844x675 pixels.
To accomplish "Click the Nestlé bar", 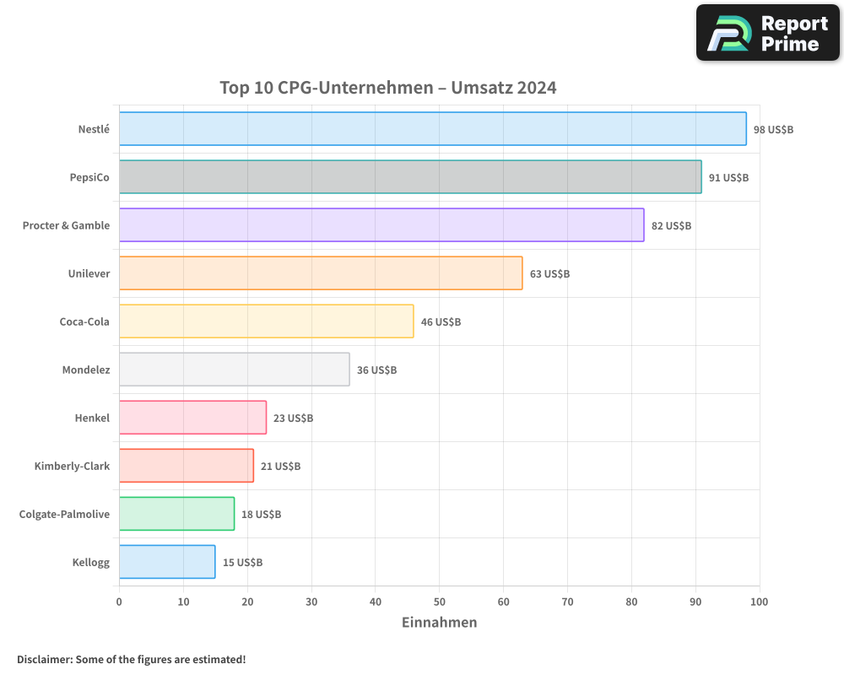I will click(x=432, y=129).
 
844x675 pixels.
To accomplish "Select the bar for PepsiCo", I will click(x=410, y=177).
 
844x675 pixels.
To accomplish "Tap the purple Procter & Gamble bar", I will click(x=381, y=225).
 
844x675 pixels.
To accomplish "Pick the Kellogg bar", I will click(x=167, y=562).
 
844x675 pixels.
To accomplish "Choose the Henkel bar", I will click(x=192, y=418).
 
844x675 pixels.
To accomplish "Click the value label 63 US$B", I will click(x=549, y=274).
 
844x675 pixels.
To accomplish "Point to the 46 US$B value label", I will click(x=441, y=322).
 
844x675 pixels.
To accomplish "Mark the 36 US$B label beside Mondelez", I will click(x=376, y=370).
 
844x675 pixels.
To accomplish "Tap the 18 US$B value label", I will click(x=261, y=515).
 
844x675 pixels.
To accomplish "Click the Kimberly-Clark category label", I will click(x=72, y=467).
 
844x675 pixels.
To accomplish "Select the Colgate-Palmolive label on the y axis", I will click(x=64, y=515).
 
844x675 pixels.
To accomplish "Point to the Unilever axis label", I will click(x=89, y=274).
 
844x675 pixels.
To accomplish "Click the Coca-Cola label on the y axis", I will click(x=84, y=322).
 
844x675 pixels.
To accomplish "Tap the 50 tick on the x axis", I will click(x=440, y=602).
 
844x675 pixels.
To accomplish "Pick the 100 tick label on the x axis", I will click(x=759, y=602).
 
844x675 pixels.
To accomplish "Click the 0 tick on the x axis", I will click(x=119, y=602).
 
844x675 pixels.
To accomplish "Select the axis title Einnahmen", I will click(x=439, y=623).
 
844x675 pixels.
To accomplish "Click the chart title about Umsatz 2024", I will click(x=387, y=88).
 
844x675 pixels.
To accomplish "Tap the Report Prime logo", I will click(x=767, y=33).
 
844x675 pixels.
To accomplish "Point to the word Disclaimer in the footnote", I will click(x=43, y=660).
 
